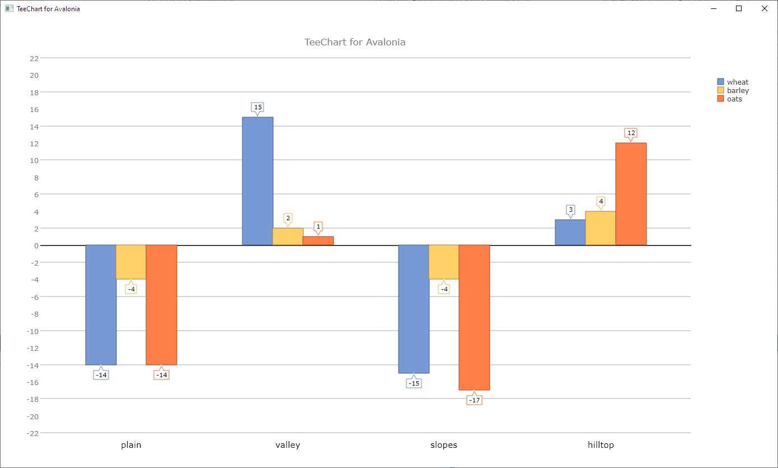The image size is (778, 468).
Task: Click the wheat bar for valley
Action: [x=257, y=181]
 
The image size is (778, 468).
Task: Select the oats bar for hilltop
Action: [x=631, y=194]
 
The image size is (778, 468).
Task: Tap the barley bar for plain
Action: [x=131, y=262]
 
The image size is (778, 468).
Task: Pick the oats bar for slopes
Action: [x=474, y=317]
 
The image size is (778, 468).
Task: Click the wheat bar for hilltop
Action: [x=570, y=232]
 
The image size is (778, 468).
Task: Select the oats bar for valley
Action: [x=318, y=240]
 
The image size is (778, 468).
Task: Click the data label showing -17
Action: [x=474, y=400]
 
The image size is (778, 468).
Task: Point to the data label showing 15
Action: [x=257, y=107]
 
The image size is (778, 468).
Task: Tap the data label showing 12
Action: [x=631, y=133]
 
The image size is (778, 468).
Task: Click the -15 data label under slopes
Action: [x=414, y=383]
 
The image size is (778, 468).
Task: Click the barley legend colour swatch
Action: [x=721, y=90]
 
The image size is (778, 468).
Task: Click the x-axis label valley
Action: [x=288, y=445]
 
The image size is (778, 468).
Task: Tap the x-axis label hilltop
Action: [x=601, y=445]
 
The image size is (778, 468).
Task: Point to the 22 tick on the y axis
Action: [x=34, y=58]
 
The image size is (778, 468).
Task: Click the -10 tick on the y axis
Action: [x=32, y=331]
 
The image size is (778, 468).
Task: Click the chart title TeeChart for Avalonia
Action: [x=355, y=42]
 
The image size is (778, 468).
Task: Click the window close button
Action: [x=765, y=8]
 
